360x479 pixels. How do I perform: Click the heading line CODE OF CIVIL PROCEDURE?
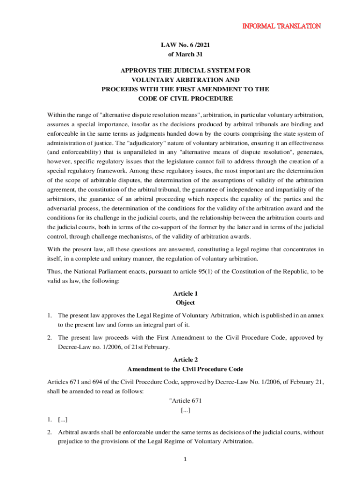(186, 98)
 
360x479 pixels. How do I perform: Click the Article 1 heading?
(186, 294)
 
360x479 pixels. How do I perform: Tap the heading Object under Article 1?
(186, 303)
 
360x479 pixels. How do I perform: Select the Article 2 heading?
(186, 360)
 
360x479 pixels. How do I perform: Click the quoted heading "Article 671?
(185, 401)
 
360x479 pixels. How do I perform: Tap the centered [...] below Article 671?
(186, 410)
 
